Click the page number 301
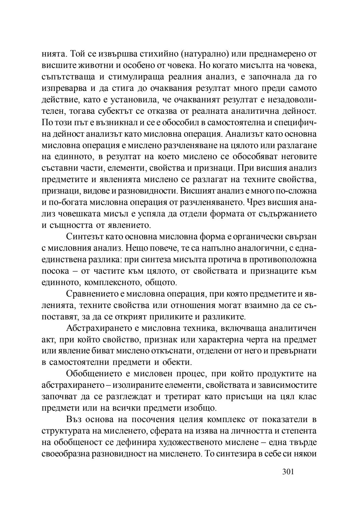coord(288,472)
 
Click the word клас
coord(308,397)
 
